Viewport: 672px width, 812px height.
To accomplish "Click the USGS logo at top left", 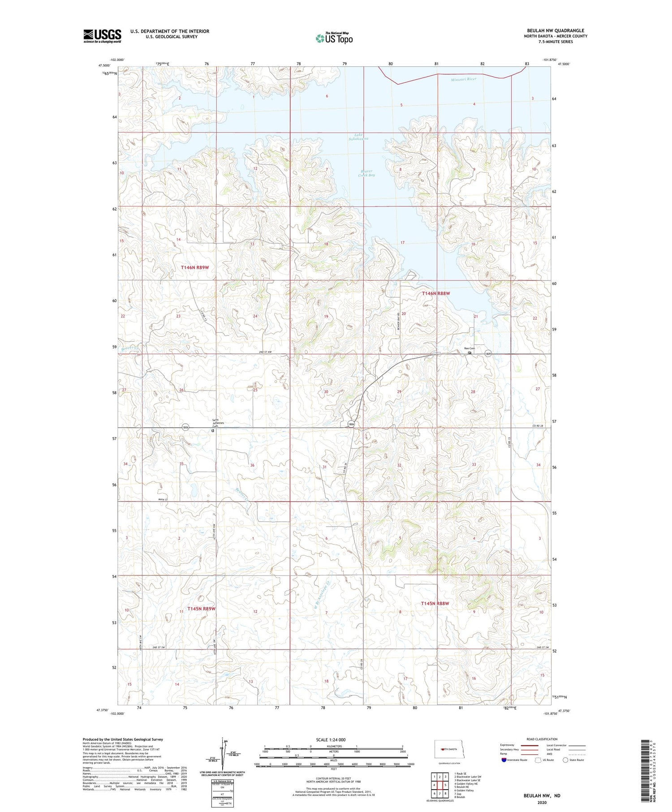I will point(102,36).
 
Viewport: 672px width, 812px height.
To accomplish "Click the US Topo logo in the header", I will point(334,38).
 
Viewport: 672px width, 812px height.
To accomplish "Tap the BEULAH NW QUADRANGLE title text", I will point(555,30).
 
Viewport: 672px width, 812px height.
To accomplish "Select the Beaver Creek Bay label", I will point(366,173).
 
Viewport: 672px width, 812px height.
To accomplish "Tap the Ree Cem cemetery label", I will point(469,348).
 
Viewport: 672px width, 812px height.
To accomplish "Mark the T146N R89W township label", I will point(195,267).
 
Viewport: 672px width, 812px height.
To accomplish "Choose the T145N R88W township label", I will point(435,603).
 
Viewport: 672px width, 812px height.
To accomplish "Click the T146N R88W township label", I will point(435,293).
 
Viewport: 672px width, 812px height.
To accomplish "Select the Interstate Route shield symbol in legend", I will point(504,760).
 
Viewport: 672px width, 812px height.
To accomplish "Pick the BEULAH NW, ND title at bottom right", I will point(542,795).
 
